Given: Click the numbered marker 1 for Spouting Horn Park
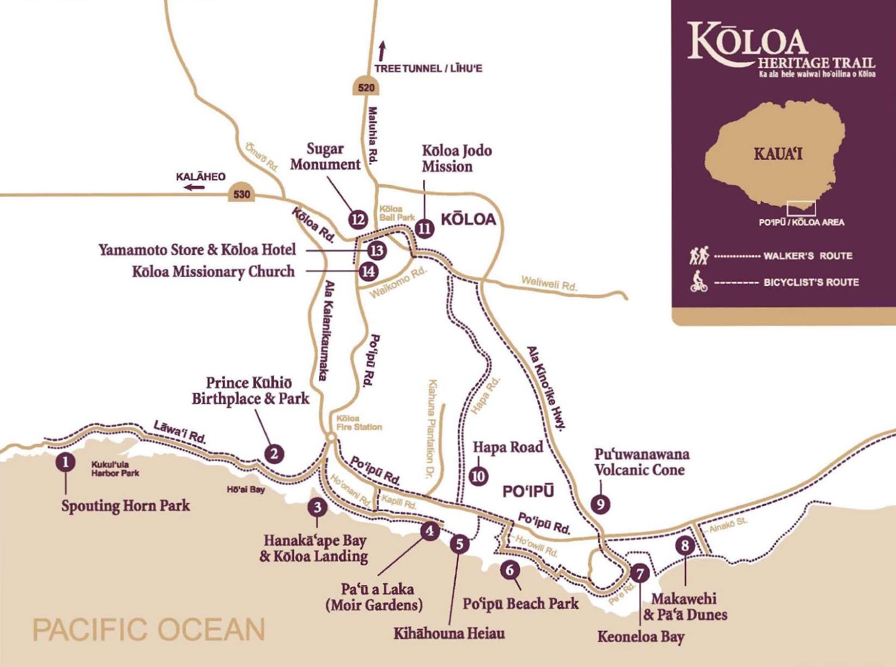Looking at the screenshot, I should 66,463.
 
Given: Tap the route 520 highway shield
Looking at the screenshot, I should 366,87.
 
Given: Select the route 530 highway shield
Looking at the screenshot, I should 241,194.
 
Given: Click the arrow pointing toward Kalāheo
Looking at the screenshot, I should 195,187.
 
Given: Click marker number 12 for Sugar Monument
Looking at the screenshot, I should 358,220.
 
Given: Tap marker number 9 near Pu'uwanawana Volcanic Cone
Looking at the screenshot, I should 600,504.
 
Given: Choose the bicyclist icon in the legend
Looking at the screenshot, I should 698,282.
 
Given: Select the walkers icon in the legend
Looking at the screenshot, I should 699,255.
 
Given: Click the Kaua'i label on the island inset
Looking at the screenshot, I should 778,153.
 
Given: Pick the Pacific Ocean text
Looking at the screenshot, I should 149,629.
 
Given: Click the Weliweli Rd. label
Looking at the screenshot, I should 549,283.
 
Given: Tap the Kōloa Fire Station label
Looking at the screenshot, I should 359,423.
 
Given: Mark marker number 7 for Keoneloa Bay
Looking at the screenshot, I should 640,573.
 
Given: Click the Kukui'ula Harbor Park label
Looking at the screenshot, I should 115,469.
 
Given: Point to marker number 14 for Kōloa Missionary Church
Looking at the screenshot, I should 368,272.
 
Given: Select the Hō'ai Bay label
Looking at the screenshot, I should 245,489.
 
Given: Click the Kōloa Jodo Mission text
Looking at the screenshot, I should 456,158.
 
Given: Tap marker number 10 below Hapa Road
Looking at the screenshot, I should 478,476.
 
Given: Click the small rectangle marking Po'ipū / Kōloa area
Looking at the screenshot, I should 801,209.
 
